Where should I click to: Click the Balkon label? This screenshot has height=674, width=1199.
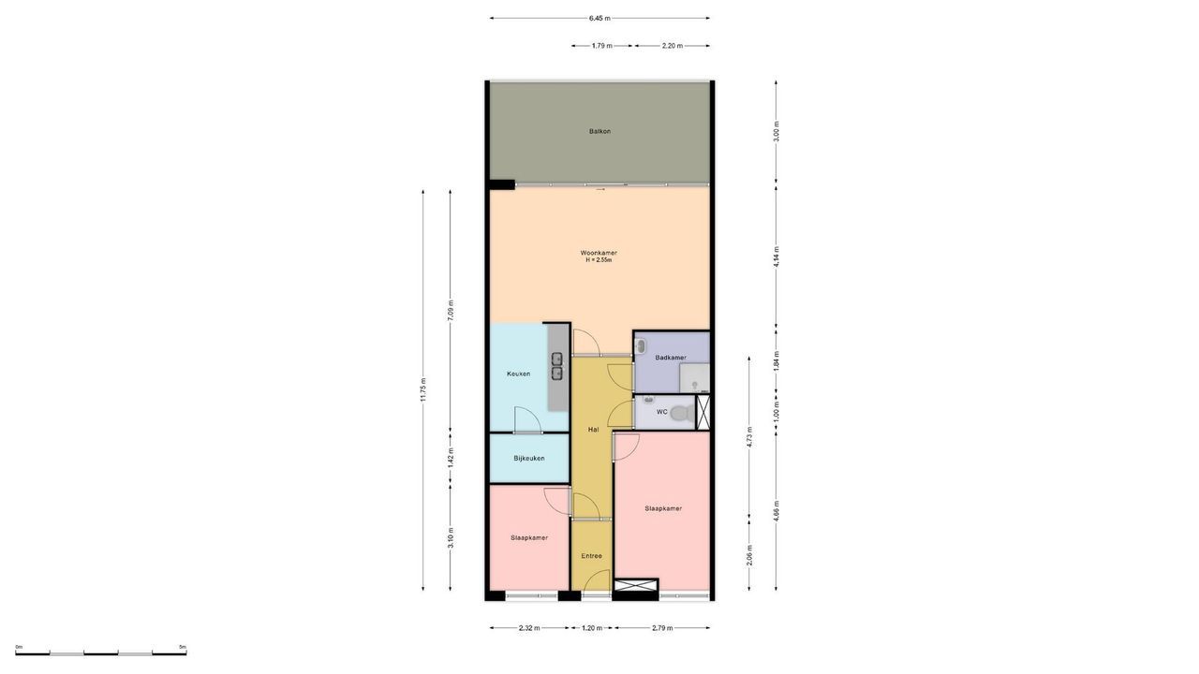point(599,131)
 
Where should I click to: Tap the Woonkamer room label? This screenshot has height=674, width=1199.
point(599,253)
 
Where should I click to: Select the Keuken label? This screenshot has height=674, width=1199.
point(518,374)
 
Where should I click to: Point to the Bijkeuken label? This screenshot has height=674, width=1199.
point(529,458)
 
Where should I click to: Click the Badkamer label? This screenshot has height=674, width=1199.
point(671,358)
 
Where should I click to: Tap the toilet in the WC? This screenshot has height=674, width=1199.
point(681,412)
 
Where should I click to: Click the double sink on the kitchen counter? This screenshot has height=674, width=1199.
point(556,366)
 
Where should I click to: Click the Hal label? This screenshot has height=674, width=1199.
point(593,429)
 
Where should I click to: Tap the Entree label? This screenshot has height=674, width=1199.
point(591,556)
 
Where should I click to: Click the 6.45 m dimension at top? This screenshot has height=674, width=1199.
point(599,18)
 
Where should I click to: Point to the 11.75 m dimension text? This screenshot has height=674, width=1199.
point(423,389)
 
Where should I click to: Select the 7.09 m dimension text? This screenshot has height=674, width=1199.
point(451,311)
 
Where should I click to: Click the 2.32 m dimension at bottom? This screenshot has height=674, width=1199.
point(529,628)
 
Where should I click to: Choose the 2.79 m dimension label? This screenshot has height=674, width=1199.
point(661,628)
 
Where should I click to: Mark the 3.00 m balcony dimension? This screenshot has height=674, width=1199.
point(776,131)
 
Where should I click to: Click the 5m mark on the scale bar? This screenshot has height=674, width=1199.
point(183,647)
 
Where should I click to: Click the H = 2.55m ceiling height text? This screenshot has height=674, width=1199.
point(599,260)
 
